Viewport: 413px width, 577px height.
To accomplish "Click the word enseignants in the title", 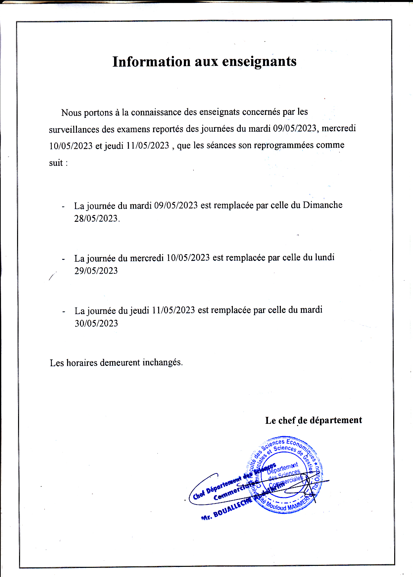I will click(259, 62).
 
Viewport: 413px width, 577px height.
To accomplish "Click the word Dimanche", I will click(322, 205).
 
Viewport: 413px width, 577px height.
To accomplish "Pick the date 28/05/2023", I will click(96, 219).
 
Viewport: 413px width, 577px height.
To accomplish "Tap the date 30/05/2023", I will click(96, 323).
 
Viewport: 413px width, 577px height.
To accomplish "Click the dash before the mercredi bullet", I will click(63, 259).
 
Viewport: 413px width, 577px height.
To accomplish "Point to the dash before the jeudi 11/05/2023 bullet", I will click(64, 312).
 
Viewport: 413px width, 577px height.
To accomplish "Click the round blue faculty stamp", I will click(284, 475).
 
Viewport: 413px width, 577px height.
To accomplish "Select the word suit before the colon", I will click(56, 163).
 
